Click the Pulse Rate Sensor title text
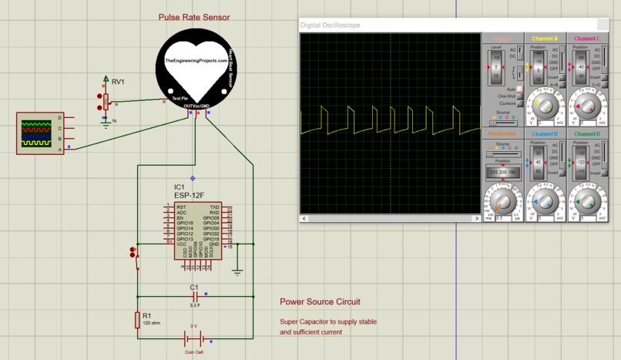[193, 17]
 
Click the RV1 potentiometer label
[118, 82]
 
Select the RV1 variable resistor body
[106, 100]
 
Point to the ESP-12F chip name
[189, 195]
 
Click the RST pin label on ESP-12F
[181, 207]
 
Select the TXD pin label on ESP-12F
[214, 207]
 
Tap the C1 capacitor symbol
[194, 296]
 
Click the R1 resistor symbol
[137, 318]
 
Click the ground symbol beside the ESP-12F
[237, 271]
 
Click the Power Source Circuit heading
[320, 302]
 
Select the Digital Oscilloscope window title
[330, 25]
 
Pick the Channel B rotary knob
[545, 201]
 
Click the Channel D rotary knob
[587, 201]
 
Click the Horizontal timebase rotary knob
[502, 203]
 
